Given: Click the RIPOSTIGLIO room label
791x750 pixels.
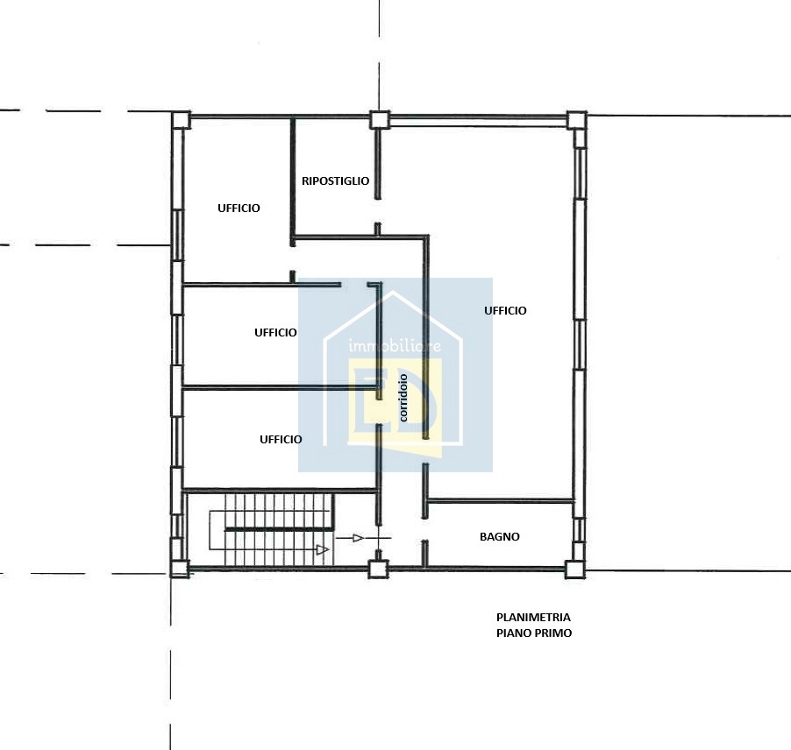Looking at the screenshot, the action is point(336,181).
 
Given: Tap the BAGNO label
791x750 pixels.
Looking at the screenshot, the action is point(500,537).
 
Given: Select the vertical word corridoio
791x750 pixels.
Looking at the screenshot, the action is point(403,398).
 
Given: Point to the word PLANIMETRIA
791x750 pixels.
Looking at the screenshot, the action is point(533,618).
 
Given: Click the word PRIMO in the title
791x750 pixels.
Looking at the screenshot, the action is point(554,633).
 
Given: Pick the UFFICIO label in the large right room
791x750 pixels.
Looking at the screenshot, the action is point(505,310).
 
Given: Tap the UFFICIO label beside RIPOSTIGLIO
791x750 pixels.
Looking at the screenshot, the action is point(239,209).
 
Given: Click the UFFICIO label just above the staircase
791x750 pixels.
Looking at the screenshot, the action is point(281,440).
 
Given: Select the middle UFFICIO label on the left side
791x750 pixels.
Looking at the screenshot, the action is point(275,333).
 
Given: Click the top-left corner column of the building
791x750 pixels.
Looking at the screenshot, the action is point(180,120).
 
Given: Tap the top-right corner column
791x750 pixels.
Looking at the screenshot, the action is point(577,121).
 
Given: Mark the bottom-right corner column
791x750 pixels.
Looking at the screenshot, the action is point(575,570).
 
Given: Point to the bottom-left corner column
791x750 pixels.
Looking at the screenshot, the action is point(179,569).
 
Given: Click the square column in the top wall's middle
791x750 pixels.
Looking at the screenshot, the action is point(380,120).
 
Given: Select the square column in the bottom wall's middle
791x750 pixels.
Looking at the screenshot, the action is point(378,569).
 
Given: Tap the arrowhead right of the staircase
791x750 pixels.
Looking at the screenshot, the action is point(358,538).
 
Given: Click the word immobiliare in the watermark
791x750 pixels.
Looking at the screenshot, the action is point(395,346).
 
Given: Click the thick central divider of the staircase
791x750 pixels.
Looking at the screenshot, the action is point(279,528).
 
